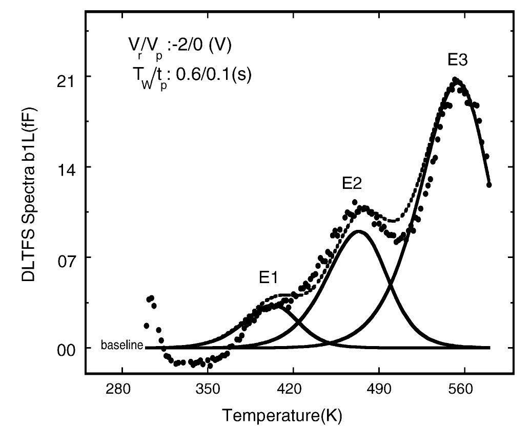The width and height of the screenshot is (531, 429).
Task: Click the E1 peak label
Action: (268, 278)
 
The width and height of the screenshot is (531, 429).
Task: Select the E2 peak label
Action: (353, 183)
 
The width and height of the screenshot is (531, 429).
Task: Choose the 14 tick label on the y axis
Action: (66, 167)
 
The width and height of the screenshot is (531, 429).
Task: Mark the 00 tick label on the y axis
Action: (66, 348)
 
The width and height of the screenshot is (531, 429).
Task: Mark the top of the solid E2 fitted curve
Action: (359, 231)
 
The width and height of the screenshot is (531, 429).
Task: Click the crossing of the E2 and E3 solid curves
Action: (391, 283)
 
